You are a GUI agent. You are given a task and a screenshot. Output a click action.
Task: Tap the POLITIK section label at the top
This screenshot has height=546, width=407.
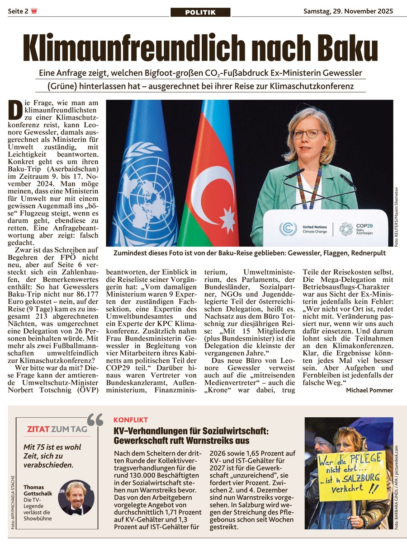point(200,12)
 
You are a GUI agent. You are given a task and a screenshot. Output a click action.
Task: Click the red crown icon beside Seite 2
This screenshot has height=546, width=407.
point(33,11)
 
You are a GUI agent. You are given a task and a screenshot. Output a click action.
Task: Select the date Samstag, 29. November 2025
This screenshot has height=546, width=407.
point(348,11)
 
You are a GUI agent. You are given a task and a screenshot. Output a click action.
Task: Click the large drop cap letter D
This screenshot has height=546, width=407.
point(16,110)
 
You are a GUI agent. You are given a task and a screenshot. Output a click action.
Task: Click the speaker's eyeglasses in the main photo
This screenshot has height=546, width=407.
point(308,134)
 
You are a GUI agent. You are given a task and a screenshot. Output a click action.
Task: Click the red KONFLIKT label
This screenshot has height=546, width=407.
point(131,420)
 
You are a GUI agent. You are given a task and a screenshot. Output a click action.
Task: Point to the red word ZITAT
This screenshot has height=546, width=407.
point(38,429)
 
